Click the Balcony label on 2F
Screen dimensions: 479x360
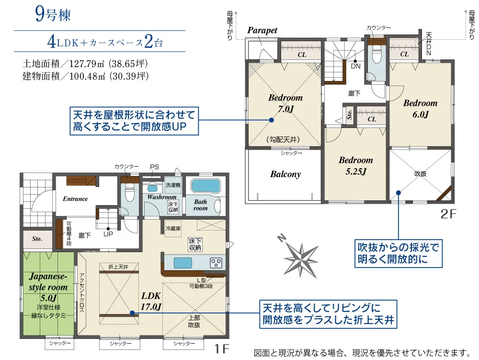click(x=285, y=174)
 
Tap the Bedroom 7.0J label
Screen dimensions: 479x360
click(x=285, y=103)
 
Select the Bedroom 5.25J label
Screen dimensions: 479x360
click(x=356, y=166)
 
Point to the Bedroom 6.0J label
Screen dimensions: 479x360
click(x=421, y=108)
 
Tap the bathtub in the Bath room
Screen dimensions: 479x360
click(x=205, y=186)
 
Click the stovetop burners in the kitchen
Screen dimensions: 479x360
click(x=216, y=263)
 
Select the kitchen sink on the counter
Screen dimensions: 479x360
click(x=183, y=263)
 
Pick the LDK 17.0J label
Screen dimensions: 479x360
click(x=151, y=301)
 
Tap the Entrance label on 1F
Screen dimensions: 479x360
click(x=75, y=199)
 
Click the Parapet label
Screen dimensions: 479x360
click(x=262, y=31)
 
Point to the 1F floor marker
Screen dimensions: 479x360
click(x=221, y=348)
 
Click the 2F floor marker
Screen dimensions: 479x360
click(x=448, y=214)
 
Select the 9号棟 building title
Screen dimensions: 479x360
click(x=53, y=14)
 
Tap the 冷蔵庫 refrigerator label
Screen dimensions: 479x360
click(x=173, y=228)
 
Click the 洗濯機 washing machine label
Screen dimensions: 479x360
click(x=173, y=185)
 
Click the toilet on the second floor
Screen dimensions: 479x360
click(x=377, y=55)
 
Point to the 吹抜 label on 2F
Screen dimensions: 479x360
click(x=421, y=174)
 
